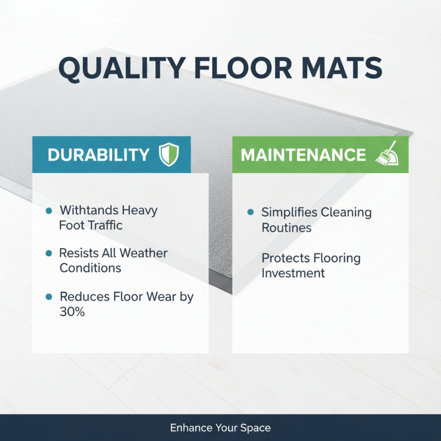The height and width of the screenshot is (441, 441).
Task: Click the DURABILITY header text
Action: (99, 155)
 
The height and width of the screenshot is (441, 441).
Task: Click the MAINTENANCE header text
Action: (303, 155)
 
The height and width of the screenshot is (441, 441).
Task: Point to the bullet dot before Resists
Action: (49, 253)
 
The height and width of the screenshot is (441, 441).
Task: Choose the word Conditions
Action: (90, 268)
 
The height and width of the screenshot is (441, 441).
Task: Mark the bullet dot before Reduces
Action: (49, 297)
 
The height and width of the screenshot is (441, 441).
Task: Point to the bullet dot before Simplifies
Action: (251, 212)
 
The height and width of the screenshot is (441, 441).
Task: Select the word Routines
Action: (287, 227)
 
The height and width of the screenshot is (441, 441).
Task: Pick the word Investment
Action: (293, 273)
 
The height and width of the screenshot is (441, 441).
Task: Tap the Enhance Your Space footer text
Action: (220, 428)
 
